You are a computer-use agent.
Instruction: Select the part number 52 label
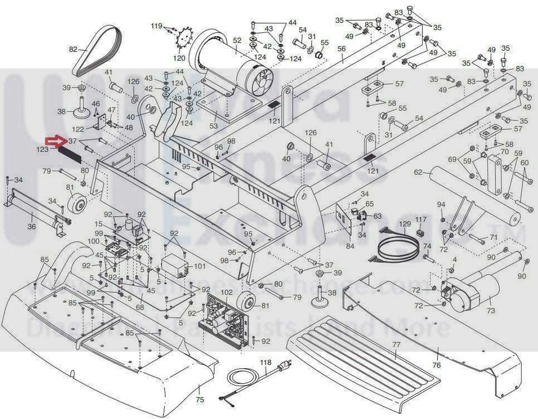tap(237, 40)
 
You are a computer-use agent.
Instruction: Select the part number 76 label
tap(437, 365)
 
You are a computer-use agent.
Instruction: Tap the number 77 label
tap(396, 346)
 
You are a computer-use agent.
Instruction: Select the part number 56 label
tap(341, 48)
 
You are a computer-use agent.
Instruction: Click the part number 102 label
tap(226, 292)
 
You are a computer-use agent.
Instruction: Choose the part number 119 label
tap(156, 26)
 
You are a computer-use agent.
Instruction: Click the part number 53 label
tap(214, 126)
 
